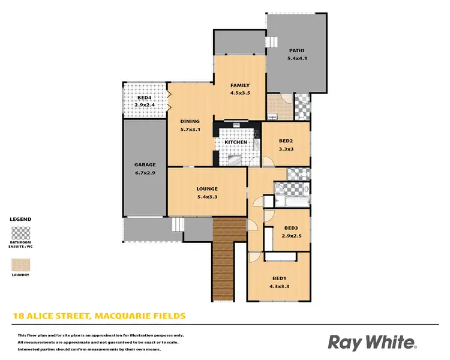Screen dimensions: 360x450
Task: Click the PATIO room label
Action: (297, 51)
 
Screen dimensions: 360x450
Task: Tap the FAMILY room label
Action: (240, 85)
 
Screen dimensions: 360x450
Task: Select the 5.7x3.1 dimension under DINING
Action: (190, 129)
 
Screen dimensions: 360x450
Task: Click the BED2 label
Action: (286, 141)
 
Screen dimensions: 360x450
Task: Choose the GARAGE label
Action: (145, 164)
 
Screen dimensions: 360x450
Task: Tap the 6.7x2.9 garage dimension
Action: (145, 173)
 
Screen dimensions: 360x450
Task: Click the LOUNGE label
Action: (207, 189)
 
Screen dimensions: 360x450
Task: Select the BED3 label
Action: (292, 228)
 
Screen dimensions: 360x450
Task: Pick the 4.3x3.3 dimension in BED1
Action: (280, 287)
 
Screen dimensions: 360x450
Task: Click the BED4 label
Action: (145, 97)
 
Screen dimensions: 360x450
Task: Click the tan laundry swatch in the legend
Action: (21, 265)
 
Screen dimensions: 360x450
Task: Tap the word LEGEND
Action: (20, 220)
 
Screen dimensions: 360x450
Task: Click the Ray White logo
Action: (372, 342)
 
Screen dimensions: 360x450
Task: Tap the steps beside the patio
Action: (273, 42)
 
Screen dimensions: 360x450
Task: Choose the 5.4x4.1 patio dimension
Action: (297, 59)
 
